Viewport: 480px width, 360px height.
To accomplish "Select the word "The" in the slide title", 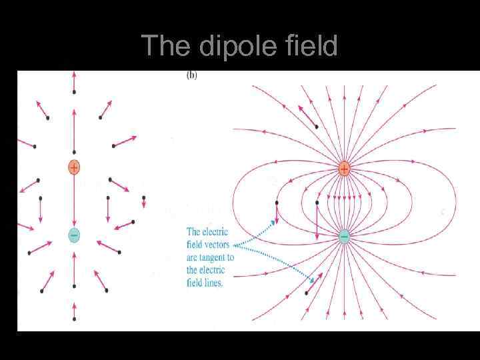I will (x=162, y=45).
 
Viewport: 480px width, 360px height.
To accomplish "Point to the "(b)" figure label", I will (x=191, y=76).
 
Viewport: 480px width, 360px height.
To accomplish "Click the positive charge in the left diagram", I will (x=74, y=167).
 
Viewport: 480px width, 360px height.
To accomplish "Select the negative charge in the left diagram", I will (x=74, y=235).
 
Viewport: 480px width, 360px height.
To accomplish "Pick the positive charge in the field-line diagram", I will (x=344, y=169).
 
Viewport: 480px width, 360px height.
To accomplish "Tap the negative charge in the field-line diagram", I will (x=344, y=236).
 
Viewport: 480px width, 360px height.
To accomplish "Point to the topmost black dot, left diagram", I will (x=74, y=91).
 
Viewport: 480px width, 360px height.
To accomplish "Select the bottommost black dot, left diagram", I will (x=74, y=319).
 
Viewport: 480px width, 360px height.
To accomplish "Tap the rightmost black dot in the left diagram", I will (x=143, y=198).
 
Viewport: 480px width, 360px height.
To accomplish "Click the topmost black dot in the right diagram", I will (x=316, y=126).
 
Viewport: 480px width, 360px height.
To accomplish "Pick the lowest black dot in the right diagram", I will (x=307, y=293).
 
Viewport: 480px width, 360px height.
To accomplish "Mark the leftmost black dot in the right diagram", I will (x=277, y=202).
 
